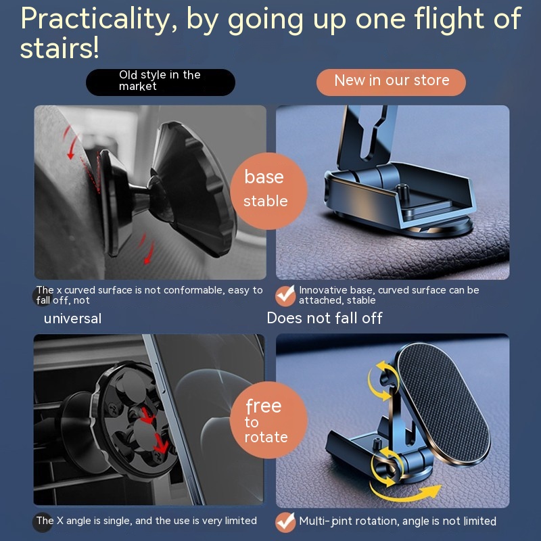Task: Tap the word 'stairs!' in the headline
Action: (x=60, y=48)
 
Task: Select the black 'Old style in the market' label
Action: (x=160, y=82)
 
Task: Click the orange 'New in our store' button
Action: (x=391, y=82)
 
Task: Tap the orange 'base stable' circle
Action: (x=268, y=191)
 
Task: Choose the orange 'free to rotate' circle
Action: (x=268, y=420)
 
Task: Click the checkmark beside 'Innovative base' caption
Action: (x=285, y=296)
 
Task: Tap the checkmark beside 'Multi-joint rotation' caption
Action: (x=285, y=522)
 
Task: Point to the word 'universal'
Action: (x=73, y=319)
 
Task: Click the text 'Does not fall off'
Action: (x=325, y=318)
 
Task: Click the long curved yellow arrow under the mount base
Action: (x=405, y=494)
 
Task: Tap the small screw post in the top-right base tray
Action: (x=402, y=191)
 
